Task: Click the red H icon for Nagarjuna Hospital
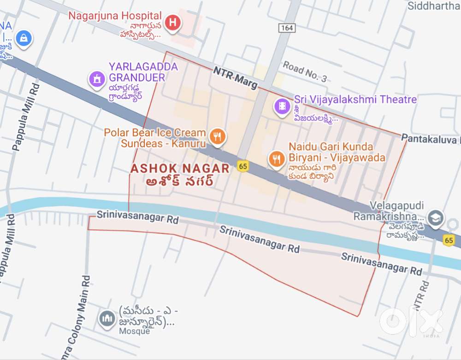[x=172, y=22]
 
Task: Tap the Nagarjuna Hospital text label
[x=115, y=16]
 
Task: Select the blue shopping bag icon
[x=23, y=39]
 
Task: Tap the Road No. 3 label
[x=305, y=72]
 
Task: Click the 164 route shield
[x=286, y=28]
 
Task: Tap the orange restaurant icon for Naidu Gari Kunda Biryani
[x=276, y=159]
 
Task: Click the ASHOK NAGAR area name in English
[x=180, y=168]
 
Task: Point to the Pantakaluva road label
[x=430, y=138]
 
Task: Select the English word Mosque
[x=134, y=331]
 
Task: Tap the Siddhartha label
[x=434, y=6]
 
